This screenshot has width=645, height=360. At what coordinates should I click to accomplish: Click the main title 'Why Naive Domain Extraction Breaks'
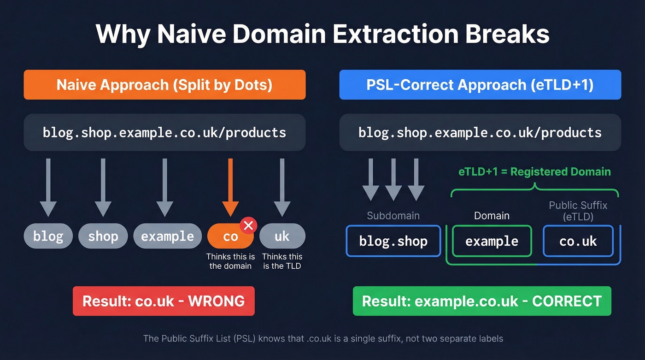322,34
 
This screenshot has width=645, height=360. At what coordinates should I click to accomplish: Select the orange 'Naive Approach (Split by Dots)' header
164,85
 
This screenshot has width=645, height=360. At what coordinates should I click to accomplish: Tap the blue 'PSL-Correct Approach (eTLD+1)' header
480,85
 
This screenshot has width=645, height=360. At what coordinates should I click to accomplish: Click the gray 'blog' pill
48,236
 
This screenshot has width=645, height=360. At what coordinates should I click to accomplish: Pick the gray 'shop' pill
103,236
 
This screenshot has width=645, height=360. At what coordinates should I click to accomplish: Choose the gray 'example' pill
167,236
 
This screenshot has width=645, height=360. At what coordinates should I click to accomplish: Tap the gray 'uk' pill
282,236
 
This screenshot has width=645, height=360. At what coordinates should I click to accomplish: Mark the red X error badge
248,225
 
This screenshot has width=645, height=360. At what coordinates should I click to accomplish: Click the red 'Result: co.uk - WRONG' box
164,301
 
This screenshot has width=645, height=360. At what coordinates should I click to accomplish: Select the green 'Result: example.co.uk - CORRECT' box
482,301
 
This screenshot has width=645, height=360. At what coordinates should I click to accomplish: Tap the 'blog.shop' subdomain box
393,241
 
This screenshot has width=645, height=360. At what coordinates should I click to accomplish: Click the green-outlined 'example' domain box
492,241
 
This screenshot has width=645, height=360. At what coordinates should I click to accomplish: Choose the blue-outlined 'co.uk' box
578,241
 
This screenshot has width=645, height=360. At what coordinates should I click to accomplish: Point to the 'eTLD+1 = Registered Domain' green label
534,172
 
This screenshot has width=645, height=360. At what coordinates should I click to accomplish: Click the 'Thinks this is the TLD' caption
282,261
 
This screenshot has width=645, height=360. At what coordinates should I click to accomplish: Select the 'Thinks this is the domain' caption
230,261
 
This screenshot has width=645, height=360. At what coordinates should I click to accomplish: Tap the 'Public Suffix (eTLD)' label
578,210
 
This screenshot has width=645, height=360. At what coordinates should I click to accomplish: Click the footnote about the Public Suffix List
323,339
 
